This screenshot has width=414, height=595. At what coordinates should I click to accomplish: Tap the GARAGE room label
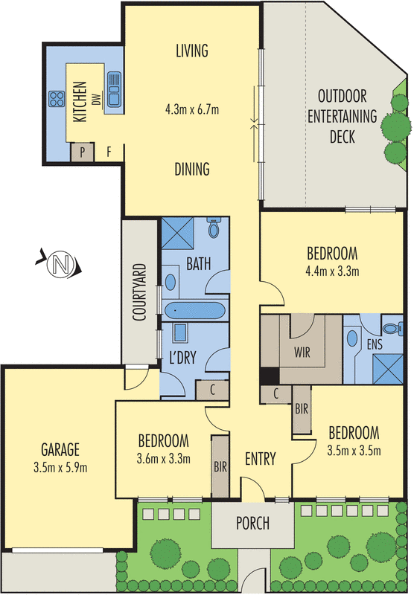coord(60,450)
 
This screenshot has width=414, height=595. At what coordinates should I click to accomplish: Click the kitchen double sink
coord(115,88)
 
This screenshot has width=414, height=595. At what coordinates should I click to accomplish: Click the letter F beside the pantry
coord(108,152)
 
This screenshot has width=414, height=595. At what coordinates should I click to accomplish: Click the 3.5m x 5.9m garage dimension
coord(60,468)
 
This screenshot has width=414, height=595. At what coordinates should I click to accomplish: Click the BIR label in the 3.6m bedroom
coord(220,467)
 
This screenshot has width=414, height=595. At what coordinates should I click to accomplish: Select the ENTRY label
coord(261,459)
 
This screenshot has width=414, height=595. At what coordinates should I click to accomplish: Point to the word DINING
coord(193,169)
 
